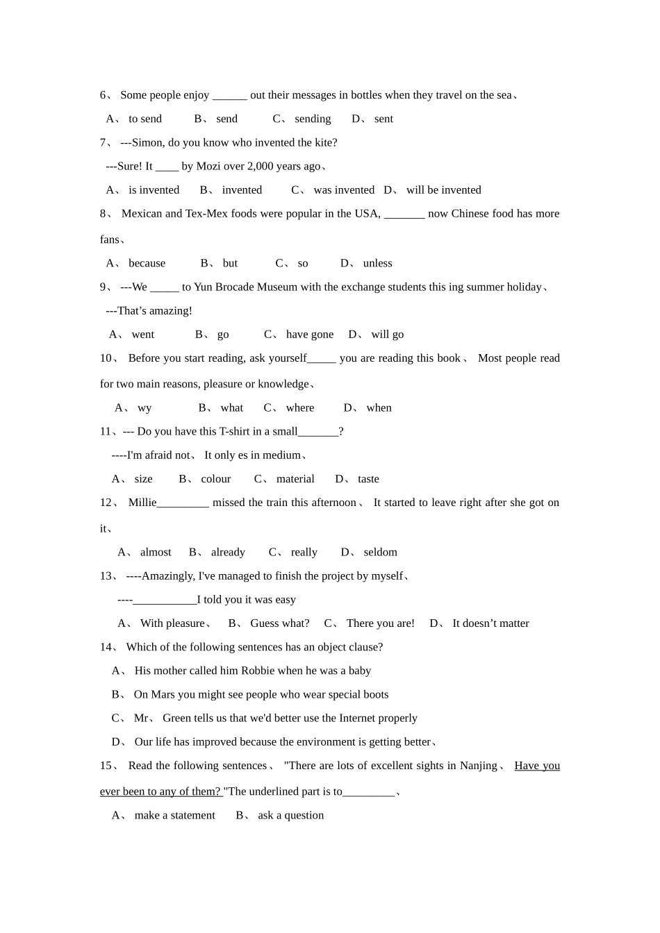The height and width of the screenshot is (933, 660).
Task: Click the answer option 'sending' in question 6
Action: (x=313, y=119)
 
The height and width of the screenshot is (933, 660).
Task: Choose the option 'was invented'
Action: (x=344, y=190)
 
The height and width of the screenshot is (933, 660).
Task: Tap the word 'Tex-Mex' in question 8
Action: (x=204, y=213)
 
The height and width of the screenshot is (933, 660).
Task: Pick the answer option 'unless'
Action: (x=377, y=263)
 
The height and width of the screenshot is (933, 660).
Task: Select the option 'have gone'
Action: (x=310, y=334)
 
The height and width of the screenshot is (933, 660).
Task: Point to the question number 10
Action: (x=106, y=358)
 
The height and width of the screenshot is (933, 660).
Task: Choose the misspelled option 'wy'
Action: (x=145, y=407)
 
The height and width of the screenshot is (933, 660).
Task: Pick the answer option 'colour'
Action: (x=216, y=479)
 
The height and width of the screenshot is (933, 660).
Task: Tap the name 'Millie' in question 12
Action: (x=142, y=503)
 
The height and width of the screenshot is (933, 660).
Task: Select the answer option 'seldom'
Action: (x=380, y=552)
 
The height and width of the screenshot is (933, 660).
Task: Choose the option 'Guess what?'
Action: (x=280, y=623)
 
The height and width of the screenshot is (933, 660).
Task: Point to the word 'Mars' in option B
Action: (x=163, y=694)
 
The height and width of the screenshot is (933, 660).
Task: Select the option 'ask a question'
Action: (x=290, y=815)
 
